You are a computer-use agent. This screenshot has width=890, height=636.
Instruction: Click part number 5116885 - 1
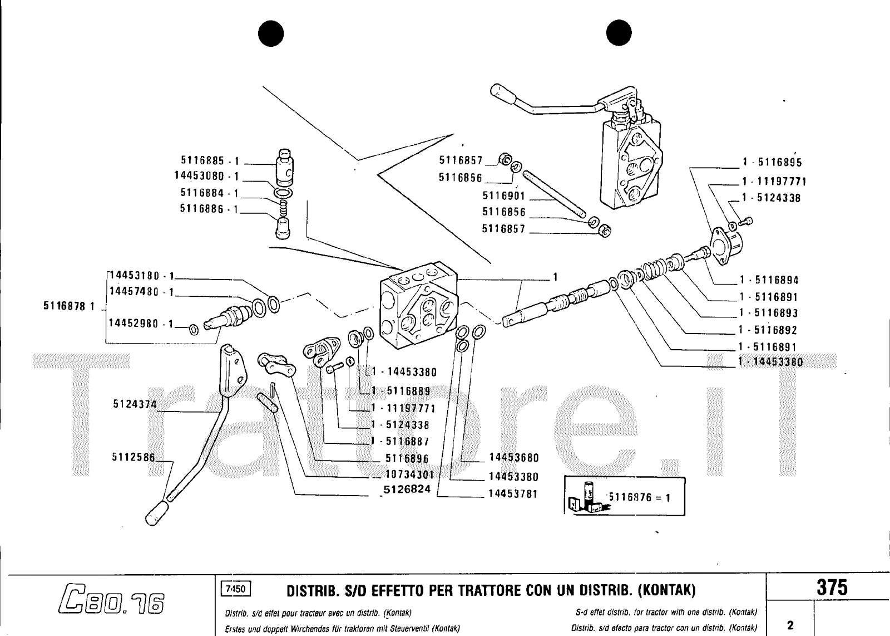click(210, 160)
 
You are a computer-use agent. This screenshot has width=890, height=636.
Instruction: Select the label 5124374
click(135, 404)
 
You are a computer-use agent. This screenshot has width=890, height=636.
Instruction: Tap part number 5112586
click(133, 457)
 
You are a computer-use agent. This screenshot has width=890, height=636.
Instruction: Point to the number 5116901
click(504, 195)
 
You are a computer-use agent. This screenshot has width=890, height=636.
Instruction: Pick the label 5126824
click(407, 489)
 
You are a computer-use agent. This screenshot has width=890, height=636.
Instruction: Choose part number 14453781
click(513, 494)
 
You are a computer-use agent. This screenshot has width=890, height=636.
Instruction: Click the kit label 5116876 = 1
click(640, 497)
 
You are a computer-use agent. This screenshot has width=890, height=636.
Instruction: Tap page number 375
click(832, 588)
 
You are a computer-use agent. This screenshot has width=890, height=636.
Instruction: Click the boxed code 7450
click(236, 589)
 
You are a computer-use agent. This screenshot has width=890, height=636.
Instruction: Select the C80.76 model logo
click(112, 598)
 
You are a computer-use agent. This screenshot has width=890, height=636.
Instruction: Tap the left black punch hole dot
click(271, 33)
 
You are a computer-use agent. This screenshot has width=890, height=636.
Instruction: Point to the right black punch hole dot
click(619, 32)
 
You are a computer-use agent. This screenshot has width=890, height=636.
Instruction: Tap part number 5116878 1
click(69, 306)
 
